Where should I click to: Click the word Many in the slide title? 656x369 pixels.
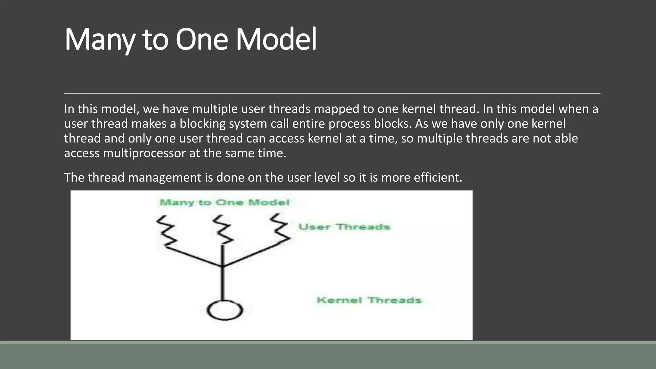pyautogui.click(x=99, y=40)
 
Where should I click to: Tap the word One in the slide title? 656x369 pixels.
pyautogui.click(x=201, y=40)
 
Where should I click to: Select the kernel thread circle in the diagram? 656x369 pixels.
pyautogui.click(x=225, y=310)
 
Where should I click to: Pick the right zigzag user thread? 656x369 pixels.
pyautogui.click(x=281, y=228)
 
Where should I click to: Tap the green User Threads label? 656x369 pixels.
pyautogui.click(x=344, y=227)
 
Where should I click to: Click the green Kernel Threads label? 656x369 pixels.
pyautogui.click(x=369, y=300)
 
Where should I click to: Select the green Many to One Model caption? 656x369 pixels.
pyautogui.click(x=224, y=202)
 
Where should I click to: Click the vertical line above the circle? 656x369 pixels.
pyautogui.click(x=223, y=283)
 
